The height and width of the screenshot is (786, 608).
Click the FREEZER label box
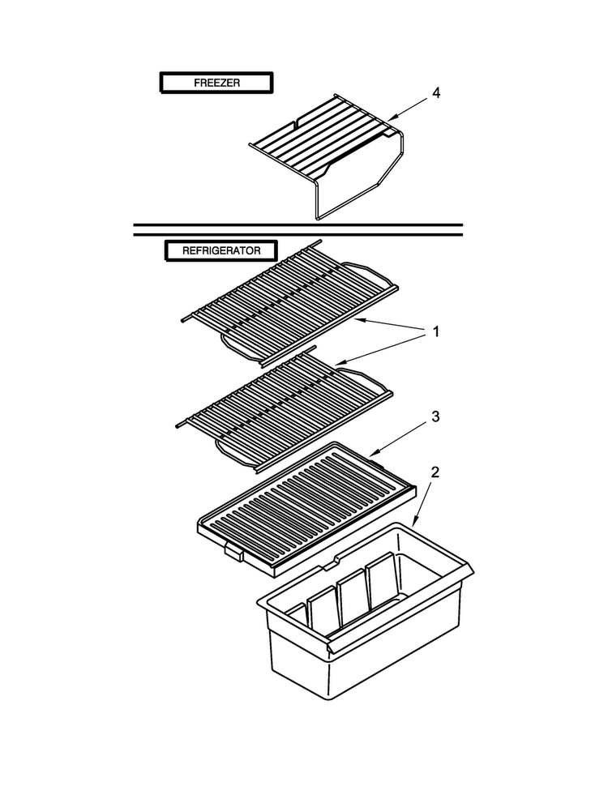coord(216,82)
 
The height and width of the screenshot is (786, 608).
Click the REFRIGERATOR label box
coord(221,250)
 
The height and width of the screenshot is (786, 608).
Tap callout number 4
coord(436,93)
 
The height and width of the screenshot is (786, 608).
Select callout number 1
coord(435,331)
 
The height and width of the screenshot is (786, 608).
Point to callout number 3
coord(435,416)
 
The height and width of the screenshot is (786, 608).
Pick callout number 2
coord(435,472)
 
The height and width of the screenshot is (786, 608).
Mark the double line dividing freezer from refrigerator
coord(298,229)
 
